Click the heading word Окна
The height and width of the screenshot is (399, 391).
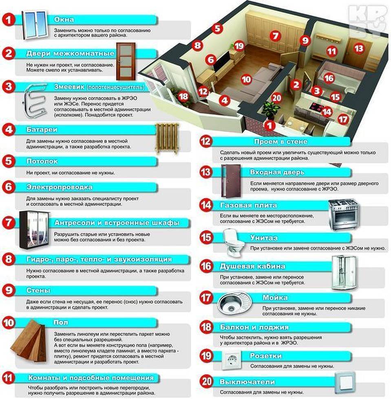coord(64,20)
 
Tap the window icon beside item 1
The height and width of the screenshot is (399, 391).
coord(35,25)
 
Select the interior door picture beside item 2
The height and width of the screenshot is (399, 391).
coord(126,62)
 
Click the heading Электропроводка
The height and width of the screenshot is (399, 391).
coord(59,187)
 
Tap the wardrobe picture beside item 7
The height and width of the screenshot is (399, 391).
coord(34,230)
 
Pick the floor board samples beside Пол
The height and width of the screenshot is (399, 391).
coord(29,341)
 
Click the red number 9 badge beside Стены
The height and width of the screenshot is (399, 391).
coord(9,290)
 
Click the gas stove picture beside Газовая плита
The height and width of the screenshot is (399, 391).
coord(344,214)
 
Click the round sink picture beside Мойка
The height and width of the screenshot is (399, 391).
coord(234,304)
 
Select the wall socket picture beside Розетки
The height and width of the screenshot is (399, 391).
coord(232,360)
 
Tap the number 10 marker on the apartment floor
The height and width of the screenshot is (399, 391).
coord(246,79)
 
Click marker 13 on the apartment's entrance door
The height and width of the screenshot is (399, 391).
coord(359,48)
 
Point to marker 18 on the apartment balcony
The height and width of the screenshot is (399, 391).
coord(183,97)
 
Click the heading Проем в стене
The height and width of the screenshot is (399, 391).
coord(281,141)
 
